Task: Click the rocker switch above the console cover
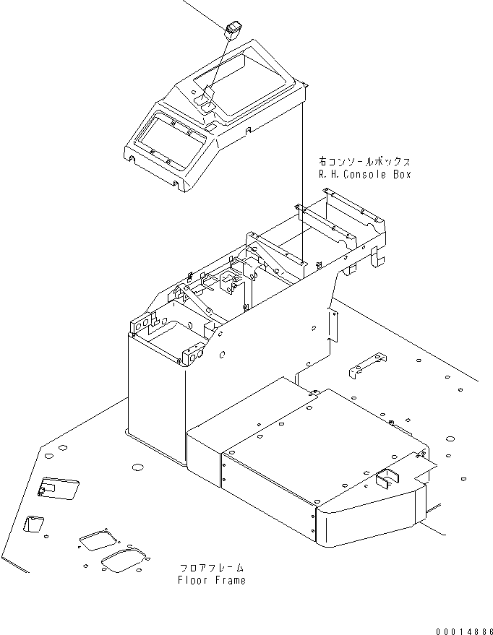coord(233,31)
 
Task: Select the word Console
coord(366,175)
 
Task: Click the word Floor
coord(193,580)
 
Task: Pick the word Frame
coord(229,580)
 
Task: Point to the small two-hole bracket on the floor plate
coord(366,365)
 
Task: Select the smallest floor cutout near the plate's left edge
coord(33,524)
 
